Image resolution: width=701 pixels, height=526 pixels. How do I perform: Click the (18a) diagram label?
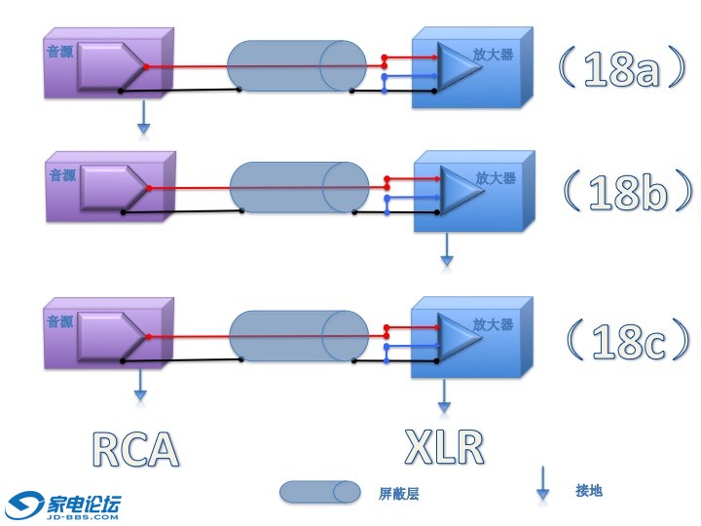tap(622, 70)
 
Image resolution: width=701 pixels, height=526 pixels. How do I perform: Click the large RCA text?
tap(135, 448)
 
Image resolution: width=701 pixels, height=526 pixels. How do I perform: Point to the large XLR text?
tap(444, 445)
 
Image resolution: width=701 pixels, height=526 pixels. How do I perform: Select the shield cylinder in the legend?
tap(319, 492)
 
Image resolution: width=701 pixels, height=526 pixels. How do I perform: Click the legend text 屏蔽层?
tap(398, 494)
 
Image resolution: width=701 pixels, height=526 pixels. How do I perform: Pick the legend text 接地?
tap(588, 490)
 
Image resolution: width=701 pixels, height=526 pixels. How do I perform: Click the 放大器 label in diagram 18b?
tap(495, 178)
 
